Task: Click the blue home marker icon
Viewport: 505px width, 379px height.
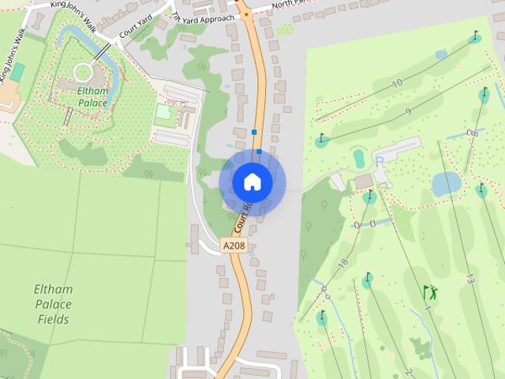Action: tap(252, 182)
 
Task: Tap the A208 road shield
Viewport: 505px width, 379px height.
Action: tap(234, 246)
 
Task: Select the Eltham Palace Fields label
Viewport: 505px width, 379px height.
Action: tap(54, 304)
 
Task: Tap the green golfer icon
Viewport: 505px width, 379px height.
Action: tap(430, 292)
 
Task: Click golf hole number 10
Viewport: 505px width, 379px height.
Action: tap(397, 83)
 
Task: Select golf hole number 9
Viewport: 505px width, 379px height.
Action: tap(407, 112)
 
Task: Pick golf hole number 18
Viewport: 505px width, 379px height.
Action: tap(342, 263)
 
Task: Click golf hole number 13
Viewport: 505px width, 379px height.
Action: tap(469, 279)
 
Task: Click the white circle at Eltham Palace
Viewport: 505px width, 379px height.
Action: tap(83, 73)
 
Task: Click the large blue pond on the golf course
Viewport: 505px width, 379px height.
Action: tap(446, 184)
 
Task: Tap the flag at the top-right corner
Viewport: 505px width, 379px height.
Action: tap(474, 36)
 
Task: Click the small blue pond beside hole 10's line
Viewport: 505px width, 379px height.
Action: tap(440, 55)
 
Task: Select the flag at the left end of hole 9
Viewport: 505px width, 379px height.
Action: tap(322, 141)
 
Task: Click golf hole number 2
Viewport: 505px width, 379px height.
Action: tap(409, 371)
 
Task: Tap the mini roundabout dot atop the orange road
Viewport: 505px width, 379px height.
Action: tap(246, 14)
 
